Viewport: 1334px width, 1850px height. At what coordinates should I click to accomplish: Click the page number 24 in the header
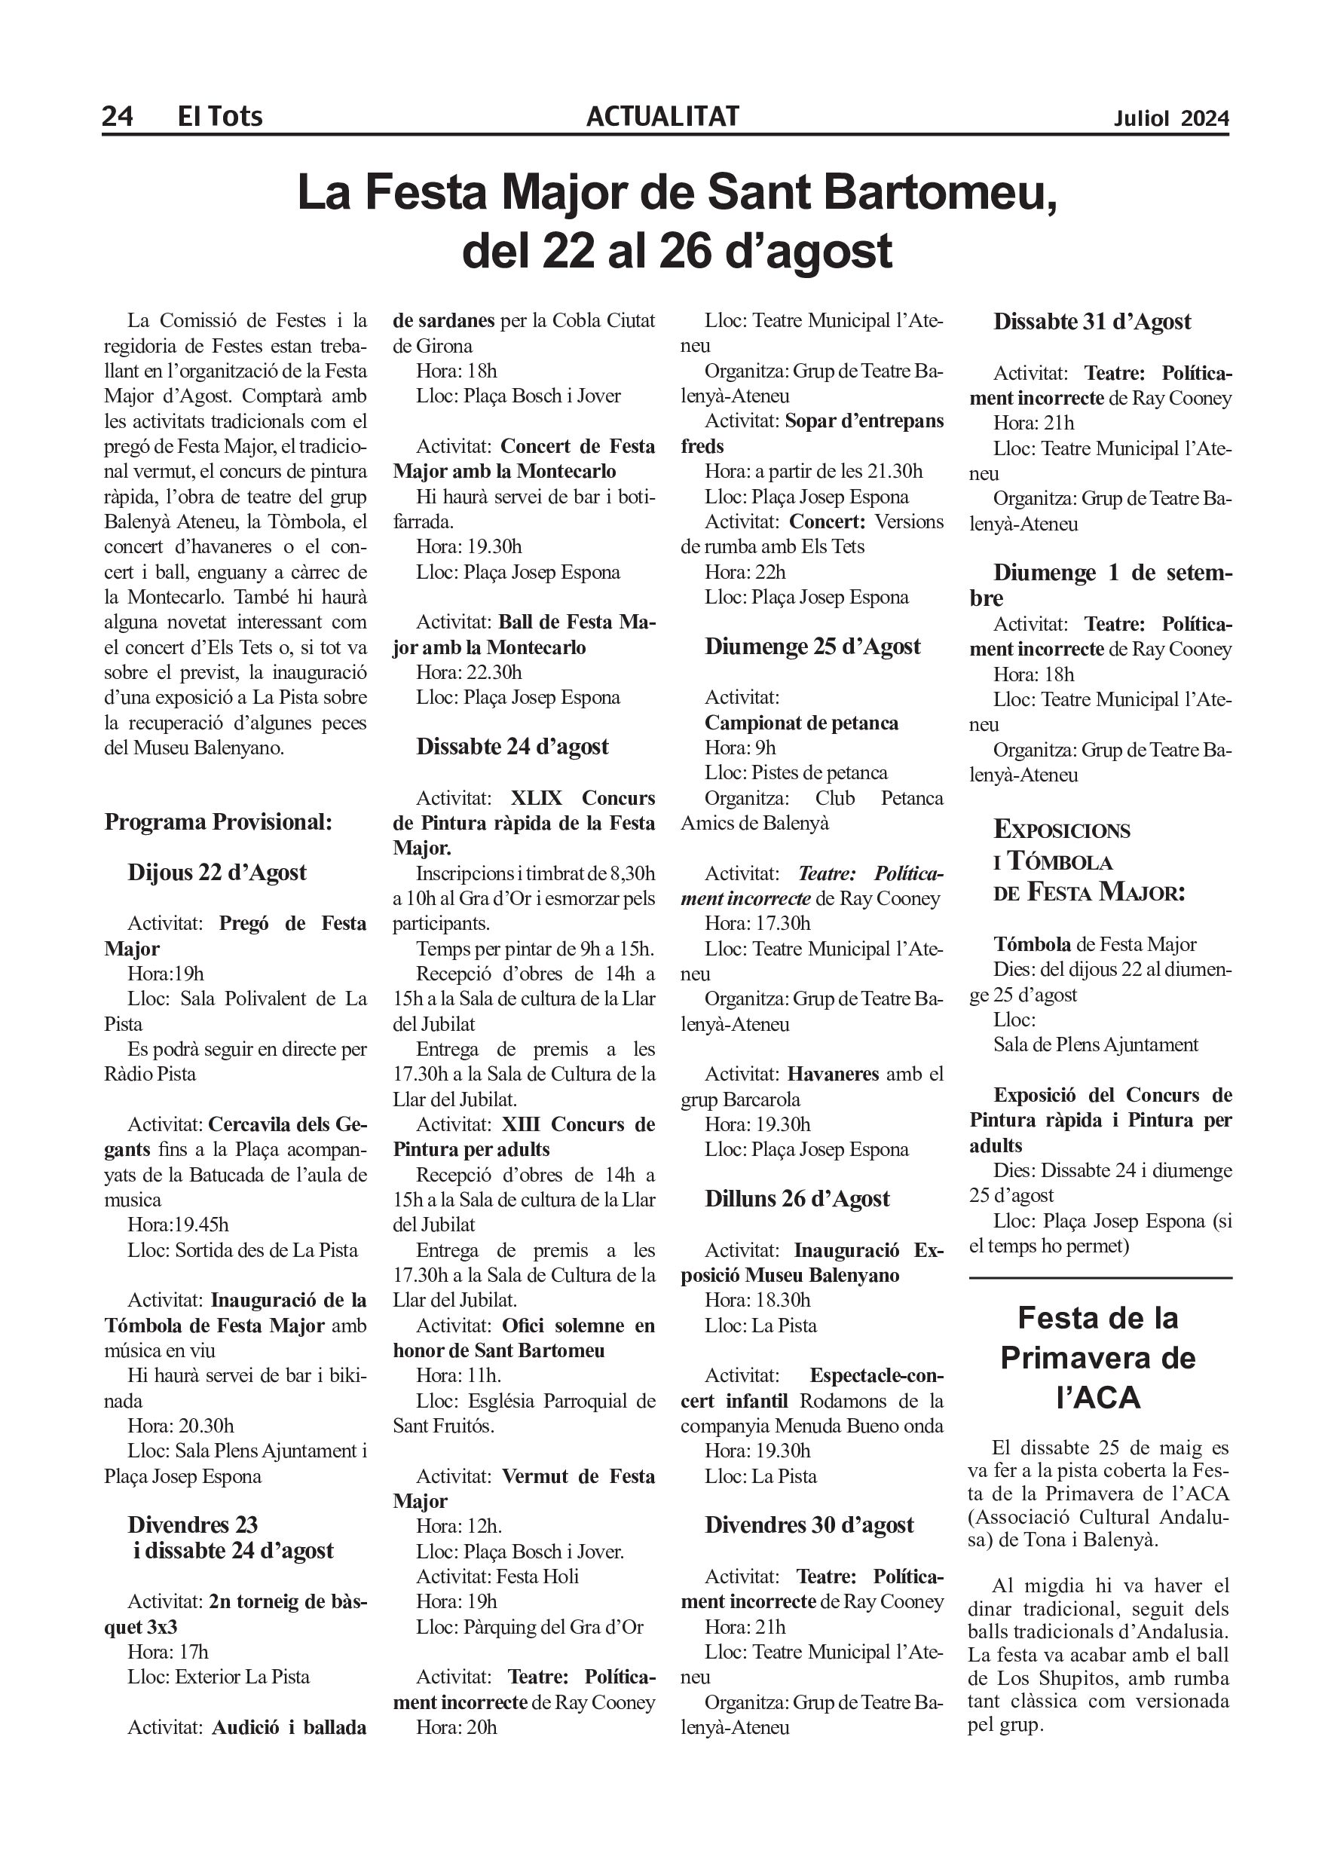point(118,117)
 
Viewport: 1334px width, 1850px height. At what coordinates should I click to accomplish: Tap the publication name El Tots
point(220,117)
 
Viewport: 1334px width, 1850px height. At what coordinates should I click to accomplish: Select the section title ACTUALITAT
point(662,117)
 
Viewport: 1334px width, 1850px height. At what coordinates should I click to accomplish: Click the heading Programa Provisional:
point(218,821)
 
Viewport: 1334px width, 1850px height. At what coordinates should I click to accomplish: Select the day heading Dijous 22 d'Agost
point(217,872)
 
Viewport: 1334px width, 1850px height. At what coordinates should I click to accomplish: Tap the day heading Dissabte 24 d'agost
point(512,746)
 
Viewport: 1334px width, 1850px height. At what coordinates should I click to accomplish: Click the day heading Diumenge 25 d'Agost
point(812,646)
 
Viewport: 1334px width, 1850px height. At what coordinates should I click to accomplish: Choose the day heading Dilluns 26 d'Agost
point(797,1198)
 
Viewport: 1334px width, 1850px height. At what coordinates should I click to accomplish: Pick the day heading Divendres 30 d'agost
point(809,1524)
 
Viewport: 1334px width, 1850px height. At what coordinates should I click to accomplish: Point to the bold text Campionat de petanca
point(801,723)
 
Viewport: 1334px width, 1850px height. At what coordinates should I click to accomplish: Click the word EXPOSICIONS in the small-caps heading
point(1061,830)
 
